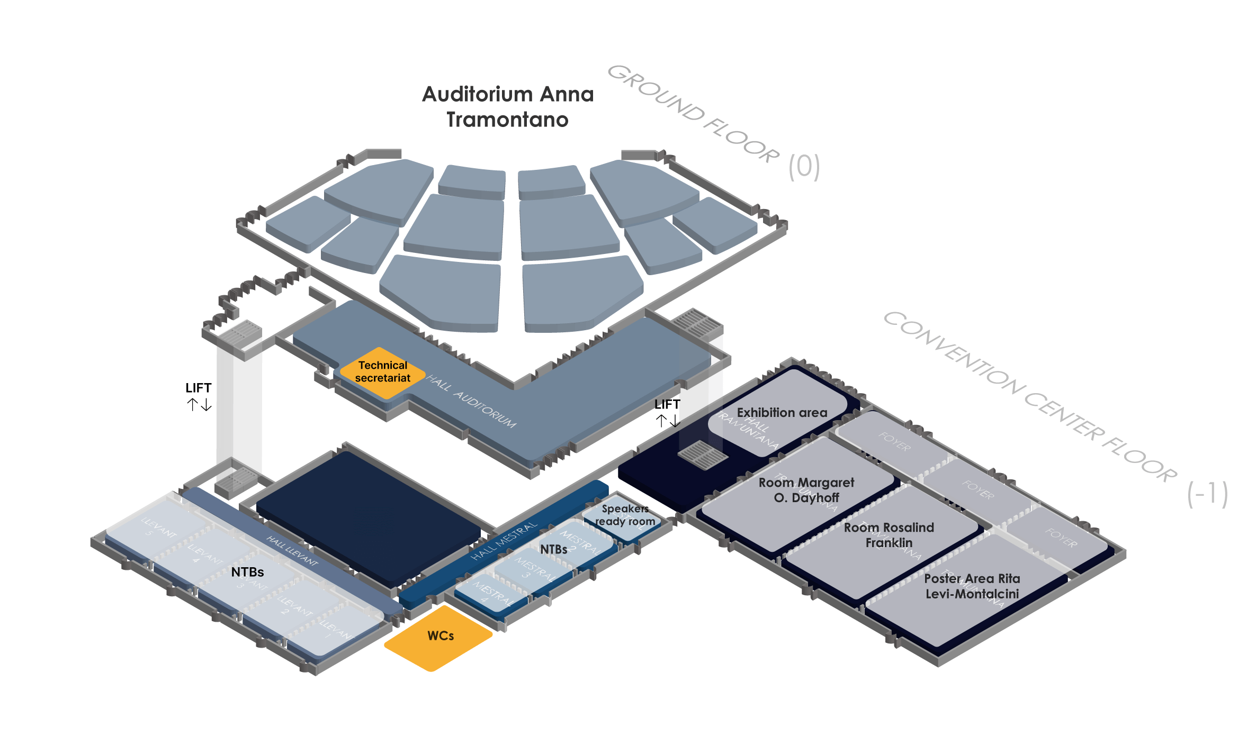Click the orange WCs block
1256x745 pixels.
click(439, 638)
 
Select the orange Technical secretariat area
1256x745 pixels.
click(382, 372)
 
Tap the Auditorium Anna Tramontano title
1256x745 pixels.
click(508, 107)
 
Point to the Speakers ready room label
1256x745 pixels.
click(625, 515)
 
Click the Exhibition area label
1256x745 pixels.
click(782, 413)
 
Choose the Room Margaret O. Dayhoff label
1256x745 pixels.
click(806, 490)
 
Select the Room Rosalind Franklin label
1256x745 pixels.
click(889, 535)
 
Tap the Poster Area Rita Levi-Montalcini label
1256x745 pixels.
click(972, 586)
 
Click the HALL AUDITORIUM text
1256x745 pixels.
click(471, 401)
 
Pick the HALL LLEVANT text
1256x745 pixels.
click(292, 551)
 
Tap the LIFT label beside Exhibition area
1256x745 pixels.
click(667, 405)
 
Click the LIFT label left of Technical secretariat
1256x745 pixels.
click(198, 388)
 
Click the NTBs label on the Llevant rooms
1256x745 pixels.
click(247, 573)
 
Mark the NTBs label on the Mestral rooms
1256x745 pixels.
click(553, 550)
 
